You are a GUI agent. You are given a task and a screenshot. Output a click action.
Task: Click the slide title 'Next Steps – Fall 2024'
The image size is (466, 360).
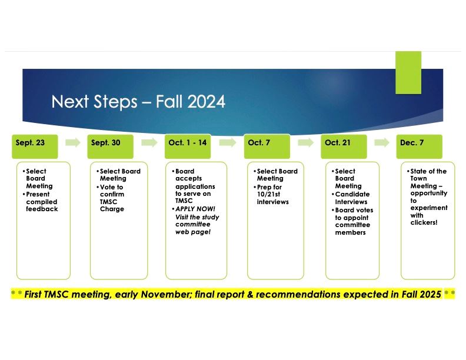pyautogui.click(x=138, y=102)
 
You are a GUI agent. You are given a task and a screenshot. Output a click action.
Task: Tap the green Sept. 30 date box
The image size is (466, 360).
pyautogui.click(x=110, y=146)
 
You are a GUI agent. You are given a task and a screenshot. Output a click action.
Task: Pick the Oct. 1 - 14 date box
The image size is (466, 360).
pyautogui.click(x=188, y=146)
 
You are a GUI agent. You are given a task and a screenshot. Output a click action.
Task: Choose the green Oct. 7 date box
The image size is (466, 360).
pyautogui.click(x=267, y=146)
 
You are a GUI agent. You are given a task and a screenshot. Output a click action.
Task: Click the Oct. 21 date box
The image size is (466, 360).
pyautogui.click(x=344, y=146)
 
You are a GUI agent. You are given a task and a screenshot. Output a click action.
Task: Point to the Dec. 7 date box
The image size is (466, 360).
pyautogui.click(x=418, y=146)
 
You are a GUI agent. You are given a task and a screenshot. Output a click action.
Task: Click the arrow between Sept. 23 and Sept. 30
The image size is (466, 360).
pyautogui.click(x=73, y=143)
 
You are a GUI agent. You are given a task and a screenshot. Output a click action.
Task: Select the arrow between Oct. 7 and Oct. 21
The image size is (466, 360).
pyautogui.click(x=306, y=143)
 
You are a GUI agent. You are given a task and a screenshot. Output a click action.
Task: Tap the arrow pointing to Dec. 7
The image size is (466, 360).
pyautogui.click(x=382, y=143)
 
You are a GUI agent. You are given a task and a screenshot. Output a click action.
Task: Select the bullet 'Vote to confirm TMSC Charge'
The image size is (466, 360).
pyautogui.click(x=116, y=198)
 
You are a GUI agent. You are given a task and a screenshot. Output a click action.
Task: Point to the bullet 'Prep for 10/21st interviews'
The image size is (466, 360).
pyautogui.click(x=274, y=194)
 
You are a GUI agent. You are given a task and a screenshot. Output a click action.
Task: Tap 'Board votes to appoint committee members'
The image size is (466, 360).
pyautogui.click(x=354, y=221)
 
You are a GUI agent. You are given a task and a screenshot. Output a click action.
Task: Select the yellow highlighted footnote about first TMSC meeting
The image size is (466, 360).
pyautogui.click(x=232, y=294)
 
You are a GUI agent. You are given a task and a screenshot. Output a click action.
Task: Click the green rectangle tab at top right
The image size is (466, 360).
pyautogui.click(x=408, y=72)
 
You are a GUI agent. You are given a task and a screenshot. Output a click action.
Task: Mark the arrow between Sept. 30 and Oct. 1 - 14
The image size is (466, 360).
pyautogui.click(x=149, y=143)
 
